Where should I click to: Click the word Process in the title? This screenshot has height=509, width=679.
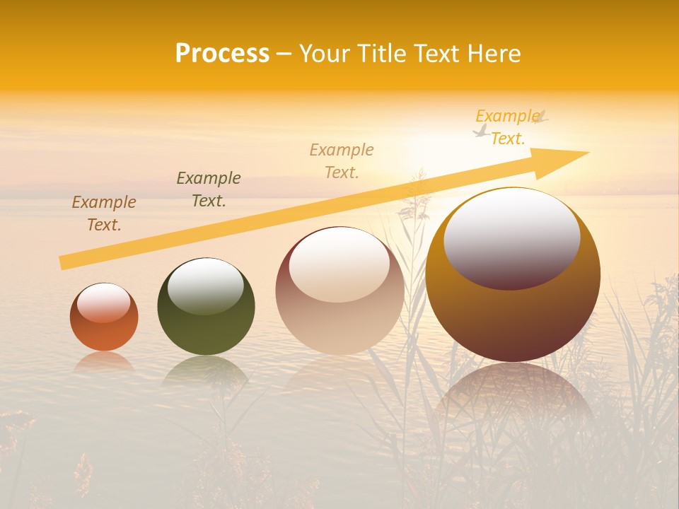point(222,54)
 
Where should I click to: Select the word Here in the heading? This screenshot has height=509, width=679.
point(492,54)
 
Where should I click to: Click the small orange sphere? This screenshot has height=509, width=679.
point(104,332)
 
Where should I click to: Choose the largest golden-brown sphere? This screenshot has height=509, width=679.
point(513,318)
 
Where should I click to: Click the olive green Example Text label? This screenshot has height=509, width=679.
point(209,189)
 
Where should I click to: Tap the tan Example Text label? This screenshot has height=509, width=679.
point(342,160)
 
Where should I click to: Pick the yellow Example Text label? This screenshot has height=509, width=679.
point(508,127)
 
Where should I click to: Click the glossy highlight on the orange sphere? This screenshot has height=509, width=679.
point(104,303)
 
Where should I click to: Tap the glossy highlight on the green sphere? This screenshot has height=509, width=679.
point(206,286)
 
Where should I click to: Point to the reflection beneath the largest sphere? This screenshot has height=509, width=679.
point(513,396)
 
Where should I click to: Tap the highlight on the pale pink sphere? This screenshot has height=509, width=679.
point(339,264)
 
